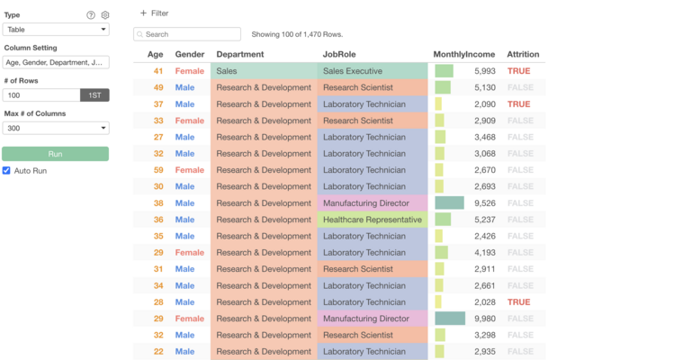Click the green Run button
click(x=55, y=154)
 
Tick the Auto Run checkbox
click(x=7, y=170)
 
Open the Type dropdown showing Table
click(x=55, y=30)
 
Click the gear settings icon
click(x=105, y=15)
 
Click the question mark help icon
click(x=91, y=15)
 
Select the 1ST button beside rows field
click(x=94, y=94)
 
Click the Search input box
click(x=187, y=34)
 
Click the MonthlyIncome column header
click(x=463, y=55)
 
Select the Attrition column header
click(x=523, y=55)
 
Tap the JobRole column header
click(x=341, y=55)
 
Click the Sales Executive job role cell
click(x=353, y=71)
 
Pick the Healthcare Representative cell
click(x=373, y=220)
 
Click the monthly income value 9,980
click(x=485, y=319)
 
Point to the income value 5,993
click(x=485, y=71)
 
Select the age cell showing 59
click(x=158, y=170)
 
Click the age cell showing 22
click(x=158, y=352)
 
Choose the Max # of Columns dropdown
click(x=55, y=127)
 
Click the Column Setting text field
click(x=55, y=62)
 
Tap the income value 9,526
click(x=485, y=203)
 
